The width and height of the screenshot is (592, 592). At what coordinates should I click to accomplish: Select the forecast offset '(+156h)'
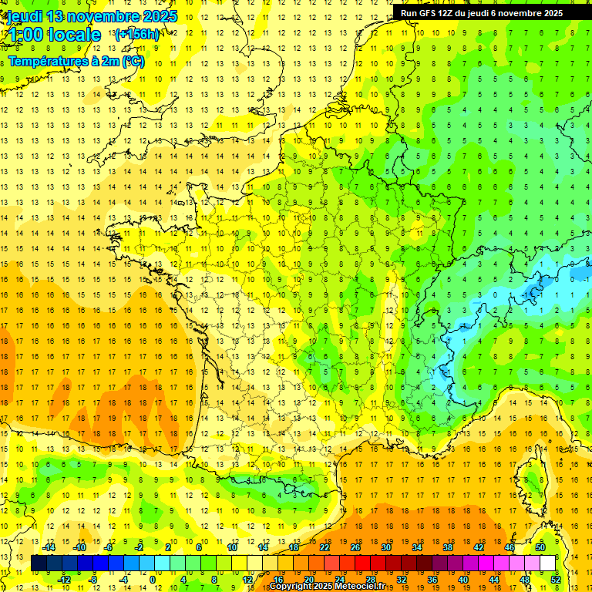coord(137,35)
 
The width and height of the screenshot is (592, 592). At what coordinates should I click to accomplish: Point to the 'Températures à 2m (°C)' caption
coord(76,61)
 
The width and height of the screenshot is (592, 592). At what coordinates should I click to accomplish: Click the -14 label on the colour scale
coord(51,547)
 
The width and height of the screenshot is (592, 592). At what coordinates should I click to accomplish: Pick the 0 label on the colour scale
coord(152,580)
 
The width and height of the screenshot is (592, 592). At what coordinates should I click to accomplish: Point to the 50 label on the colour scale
coord(540,547)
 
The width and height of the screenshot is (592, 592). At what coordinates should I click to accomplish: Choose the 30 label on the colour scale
coord(385,547)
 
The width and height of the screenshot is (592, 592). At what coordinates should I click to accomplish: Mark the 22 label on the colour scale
coord(325,547)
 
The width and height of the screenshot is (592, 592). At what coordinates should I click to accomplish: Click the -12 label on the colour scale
coord(65,580)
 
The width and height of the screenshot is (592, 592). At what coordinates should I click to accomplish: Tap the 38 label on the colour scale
coord(447,547)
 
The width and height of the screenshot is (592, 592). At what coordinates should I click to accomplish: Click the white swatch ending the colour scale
coord(548,563)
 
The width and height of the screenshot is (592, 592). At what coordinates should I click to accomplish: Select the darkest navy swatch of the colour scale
coord(39,563)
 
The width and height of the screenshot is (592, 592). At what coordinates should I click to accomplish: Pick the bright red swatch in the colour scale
coord(362,563)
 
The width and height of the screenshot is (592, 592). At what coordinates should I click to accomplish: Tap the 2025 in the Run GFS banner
coord(550,13)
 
